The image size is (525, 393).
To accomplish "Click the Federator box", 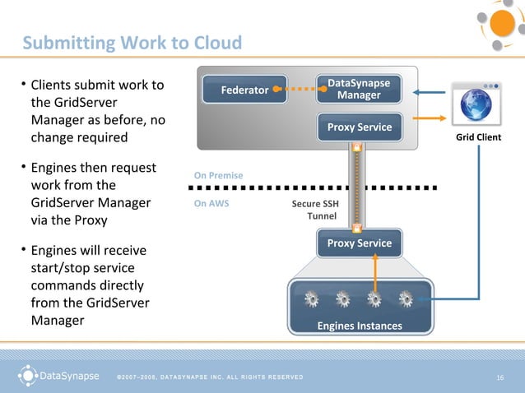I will point(244,90).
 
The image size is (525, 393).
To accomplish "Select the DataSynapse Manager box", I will point(359,90).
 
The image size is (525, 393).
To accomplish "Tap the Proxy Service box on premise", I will point(359,127).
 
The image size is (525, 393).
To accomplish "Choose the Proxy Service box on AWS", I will point(359,244).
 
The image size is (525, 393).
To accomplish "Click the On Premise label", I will point(218,175).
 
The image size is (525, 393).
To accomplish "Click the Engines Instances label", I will point(360,326).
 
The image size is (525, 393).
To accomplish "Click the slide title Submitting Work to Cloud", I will point(132,43).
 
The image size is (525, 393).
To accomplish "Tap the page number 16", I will point(499,377).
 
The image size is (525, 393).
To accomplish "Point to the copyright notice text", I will point(209,377).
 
